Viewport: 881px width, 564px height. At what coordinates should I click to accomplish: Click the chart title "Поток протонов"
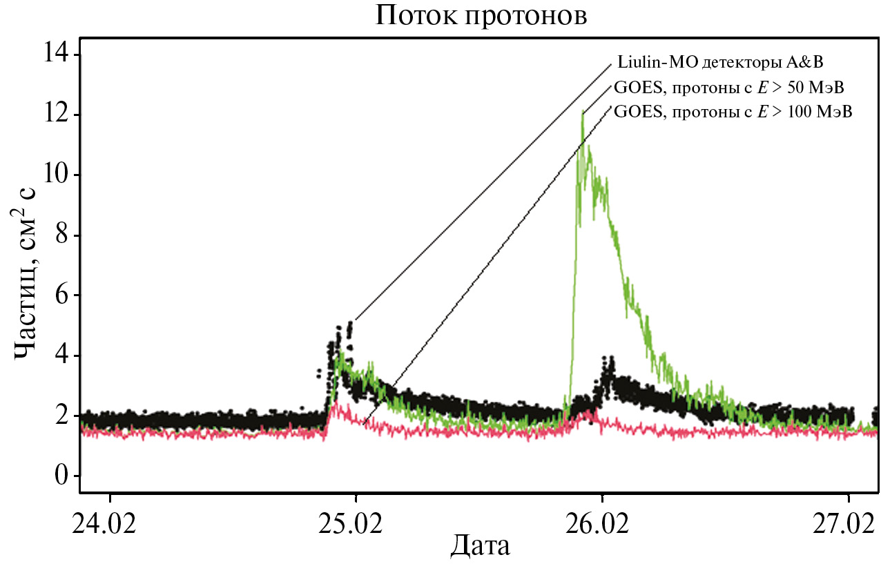point(481,15)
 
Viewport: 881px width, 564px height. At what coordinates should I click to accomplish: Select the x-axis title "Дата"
point(481,546)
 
